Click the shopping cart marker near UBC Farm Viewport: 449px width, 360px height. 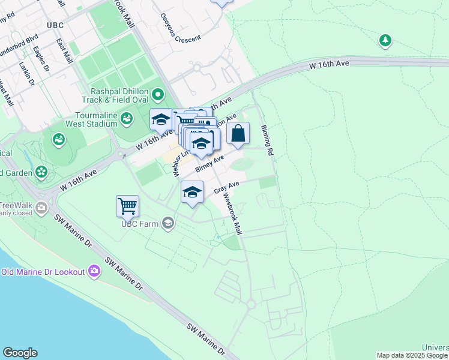127,206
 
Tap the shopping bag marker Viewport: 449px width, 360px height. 238,133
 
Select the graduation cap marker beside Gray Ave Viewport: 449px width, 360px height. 192,193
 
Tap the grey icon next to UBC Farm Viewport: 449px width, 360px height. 169,224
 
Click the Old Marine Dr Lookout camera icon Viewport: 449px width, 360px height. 94,272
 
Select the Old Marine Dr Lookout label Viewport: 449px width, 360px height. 43,272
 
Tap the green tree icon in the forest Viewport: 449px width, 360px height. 385,41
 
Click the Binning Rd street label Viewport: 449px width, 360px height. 267,140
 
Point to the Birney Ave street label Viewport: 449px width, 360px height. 209,162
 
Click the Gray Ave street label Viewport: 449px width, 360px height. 227,187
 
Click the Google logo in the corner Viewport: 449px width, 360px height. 20,353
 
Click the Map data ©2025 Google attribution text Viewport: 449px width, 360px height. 412,355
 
